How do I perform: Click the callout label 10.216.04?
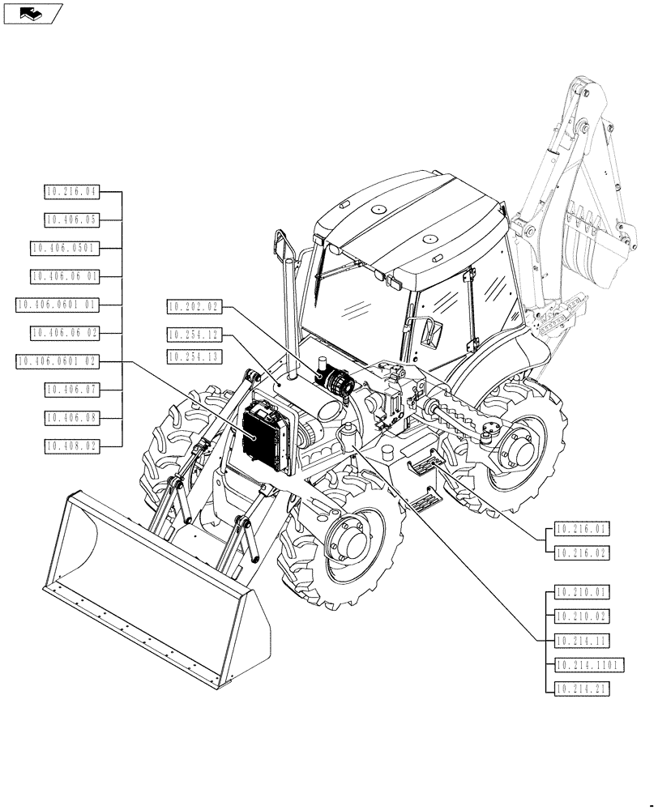click(x=70, y=192)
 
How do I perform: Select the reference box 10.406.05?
click(x=70, y=219)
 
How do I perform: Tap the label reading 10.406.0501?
click(x=63, y=247)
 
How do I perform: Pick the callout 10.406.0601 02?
click(x=57, y=361)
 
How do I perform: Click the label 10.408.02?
click(x=70, y=445)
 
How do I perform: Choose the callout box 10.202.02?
click(x=193, y=306)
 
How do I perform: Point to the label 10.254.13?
click(x=193, y=356)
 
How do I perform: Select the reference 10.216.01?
click(x=581, y=530)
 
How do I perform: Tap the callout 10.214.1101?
click(x=587, y=665)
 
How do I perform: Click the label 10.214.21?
click(x=581, y=688)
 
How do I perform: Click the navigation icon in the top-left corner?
click(x=32, y=13)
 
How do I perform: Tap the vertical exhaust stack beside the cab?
click(x=285, y=316)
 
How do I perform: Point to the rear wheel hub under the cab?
click(x=513, y=451)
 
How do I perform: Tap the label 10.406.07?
click(x=70, y=390)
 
